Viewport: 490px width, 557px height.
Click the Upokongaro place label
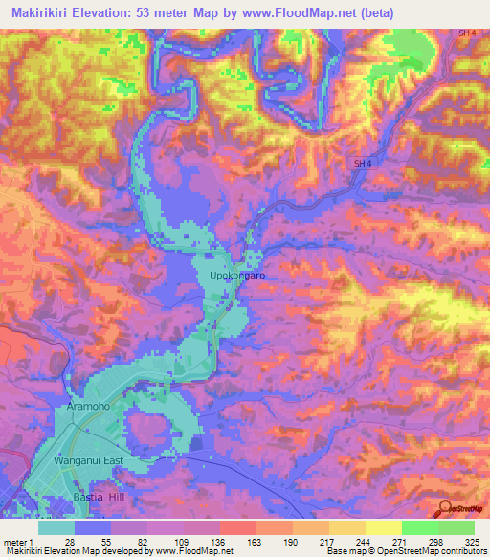coord(236,276)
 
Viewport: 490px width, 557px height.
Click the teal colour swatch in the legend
coord(56,527)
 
